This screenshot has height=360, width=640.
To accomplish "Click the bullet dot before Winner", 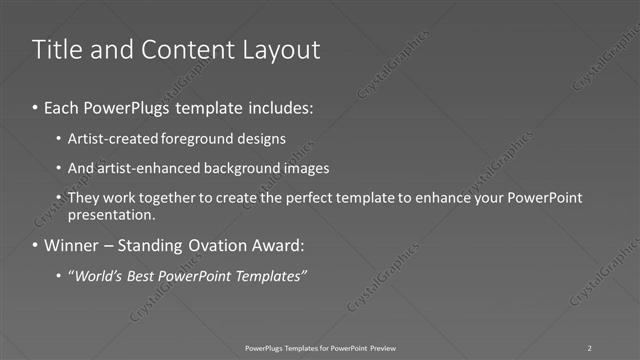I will [x=37, y=245].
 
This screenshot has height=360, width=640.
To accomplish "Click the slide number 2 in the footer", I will [x=590, y=347].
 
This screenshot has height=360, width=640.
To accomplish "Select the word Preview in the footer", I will [x=382, y=347].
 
